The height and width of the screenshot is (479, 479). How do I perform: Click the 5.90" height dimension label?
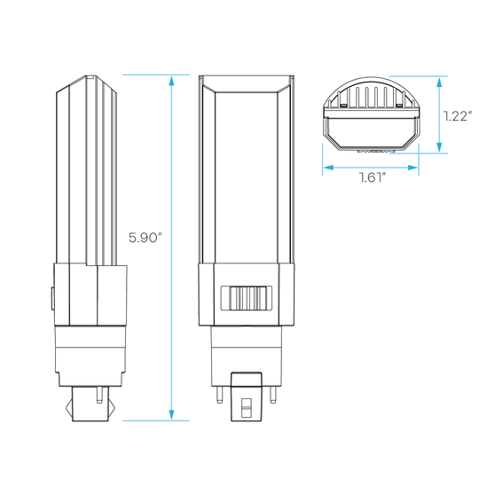(x=145, y=238)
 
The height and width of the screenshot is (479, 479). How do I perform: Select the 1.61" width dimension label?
(x=372, y=177)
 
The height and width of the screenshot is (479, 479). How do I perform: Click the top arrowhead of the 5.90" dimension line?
(x=171, y=81)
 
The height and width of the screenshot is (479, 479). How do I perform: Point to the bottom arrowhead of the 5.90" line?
(x=171, y=415)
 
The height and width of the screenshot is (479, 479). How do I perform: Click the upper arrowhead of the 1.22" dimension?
(x=439, y=82)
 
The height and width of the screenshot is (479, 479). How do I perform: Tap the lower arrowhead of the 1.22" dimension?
(x=439, y=147)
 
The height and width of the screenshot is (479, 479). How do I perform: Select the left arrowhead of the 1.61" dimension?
(x=329, y=168)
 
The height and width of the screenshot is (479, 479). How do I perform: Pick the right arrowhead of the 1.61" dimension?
(x=412, y=168)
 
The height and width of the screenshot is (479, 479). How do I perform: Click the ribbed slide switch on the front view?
(x=247, y=298)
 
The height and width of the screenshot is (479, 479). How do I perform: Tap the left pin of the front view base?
(x=219, y=395)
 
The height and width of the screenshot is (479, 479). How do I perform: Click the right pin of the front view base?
(x=273, y=395)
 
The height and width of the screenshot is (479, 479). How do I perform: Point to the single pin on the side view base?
(x=99, y=395)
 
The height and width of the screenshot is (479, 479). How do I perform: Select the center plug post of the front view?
(x=247, y=397)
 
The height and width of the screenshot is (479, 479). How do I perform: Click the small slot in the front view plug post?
(x=247, y=407)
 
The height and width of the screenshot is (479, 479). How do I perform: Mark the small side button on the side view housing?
(x=52, y=298)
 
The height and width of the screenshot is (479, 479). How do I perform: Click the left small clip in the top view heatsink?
(x=342, y=105)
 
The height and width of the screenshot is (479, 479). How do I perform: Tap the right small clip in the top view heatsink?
(x=399, y=105)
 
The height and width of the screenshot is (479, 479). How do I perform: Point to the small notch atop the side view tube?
(x=90, y=77)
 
